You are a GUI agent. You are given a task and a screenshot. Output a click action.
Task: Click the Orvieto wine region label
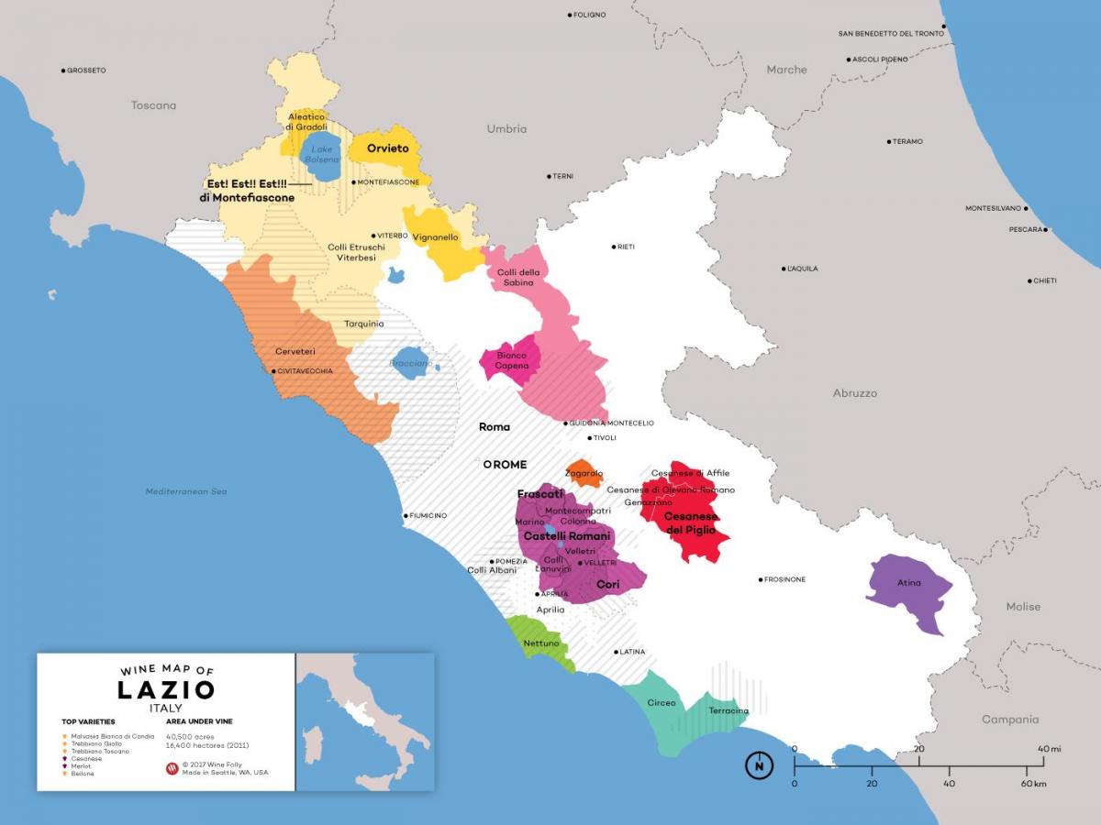(x=387, y=148)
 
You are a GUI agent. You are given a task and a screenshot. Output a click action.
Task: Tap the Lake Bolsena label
(x=322, y=154)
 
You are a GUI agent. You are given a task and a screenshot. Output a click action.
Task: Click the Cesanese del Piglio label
(x=692, y=523)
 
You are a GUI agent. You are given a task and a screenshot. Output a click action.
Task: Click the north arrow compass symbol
(x=759, y=764)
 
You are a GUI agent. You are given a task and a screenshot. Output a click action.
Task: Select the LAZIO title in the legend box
(x=166, y=689)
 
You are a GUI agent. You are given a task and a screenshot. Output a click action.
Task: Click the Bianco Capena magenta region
(x=511, y=361)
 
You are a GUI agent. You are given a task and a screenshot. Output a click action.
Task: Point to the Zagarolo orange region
(x=583, y=473)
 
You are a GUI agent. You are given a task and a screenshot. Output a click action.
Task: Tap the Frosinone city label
(x=785, y=579)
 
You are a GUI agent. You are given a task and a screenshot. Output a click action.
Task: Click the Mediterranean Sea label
(x=186, y=492)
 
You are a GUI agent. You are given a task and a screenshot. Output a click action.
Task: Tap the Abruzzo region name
(x=854, y=393)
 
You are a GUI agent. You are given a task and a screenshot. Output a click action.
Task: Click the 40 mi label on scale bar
(x=1050, y=749)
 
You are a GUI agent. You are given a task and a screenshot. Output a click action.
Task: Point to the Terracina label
(x=728, y=711)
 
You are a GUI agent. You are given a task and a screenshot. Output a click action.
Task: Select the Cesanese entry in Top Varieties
(x=86, y=759)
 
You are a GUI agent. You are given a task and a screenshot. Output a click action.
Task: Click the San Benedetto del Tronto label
(x=891, y=34)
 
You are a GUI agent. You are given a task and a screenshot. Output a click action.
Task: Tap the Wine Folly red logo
(x=171, y=768)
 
